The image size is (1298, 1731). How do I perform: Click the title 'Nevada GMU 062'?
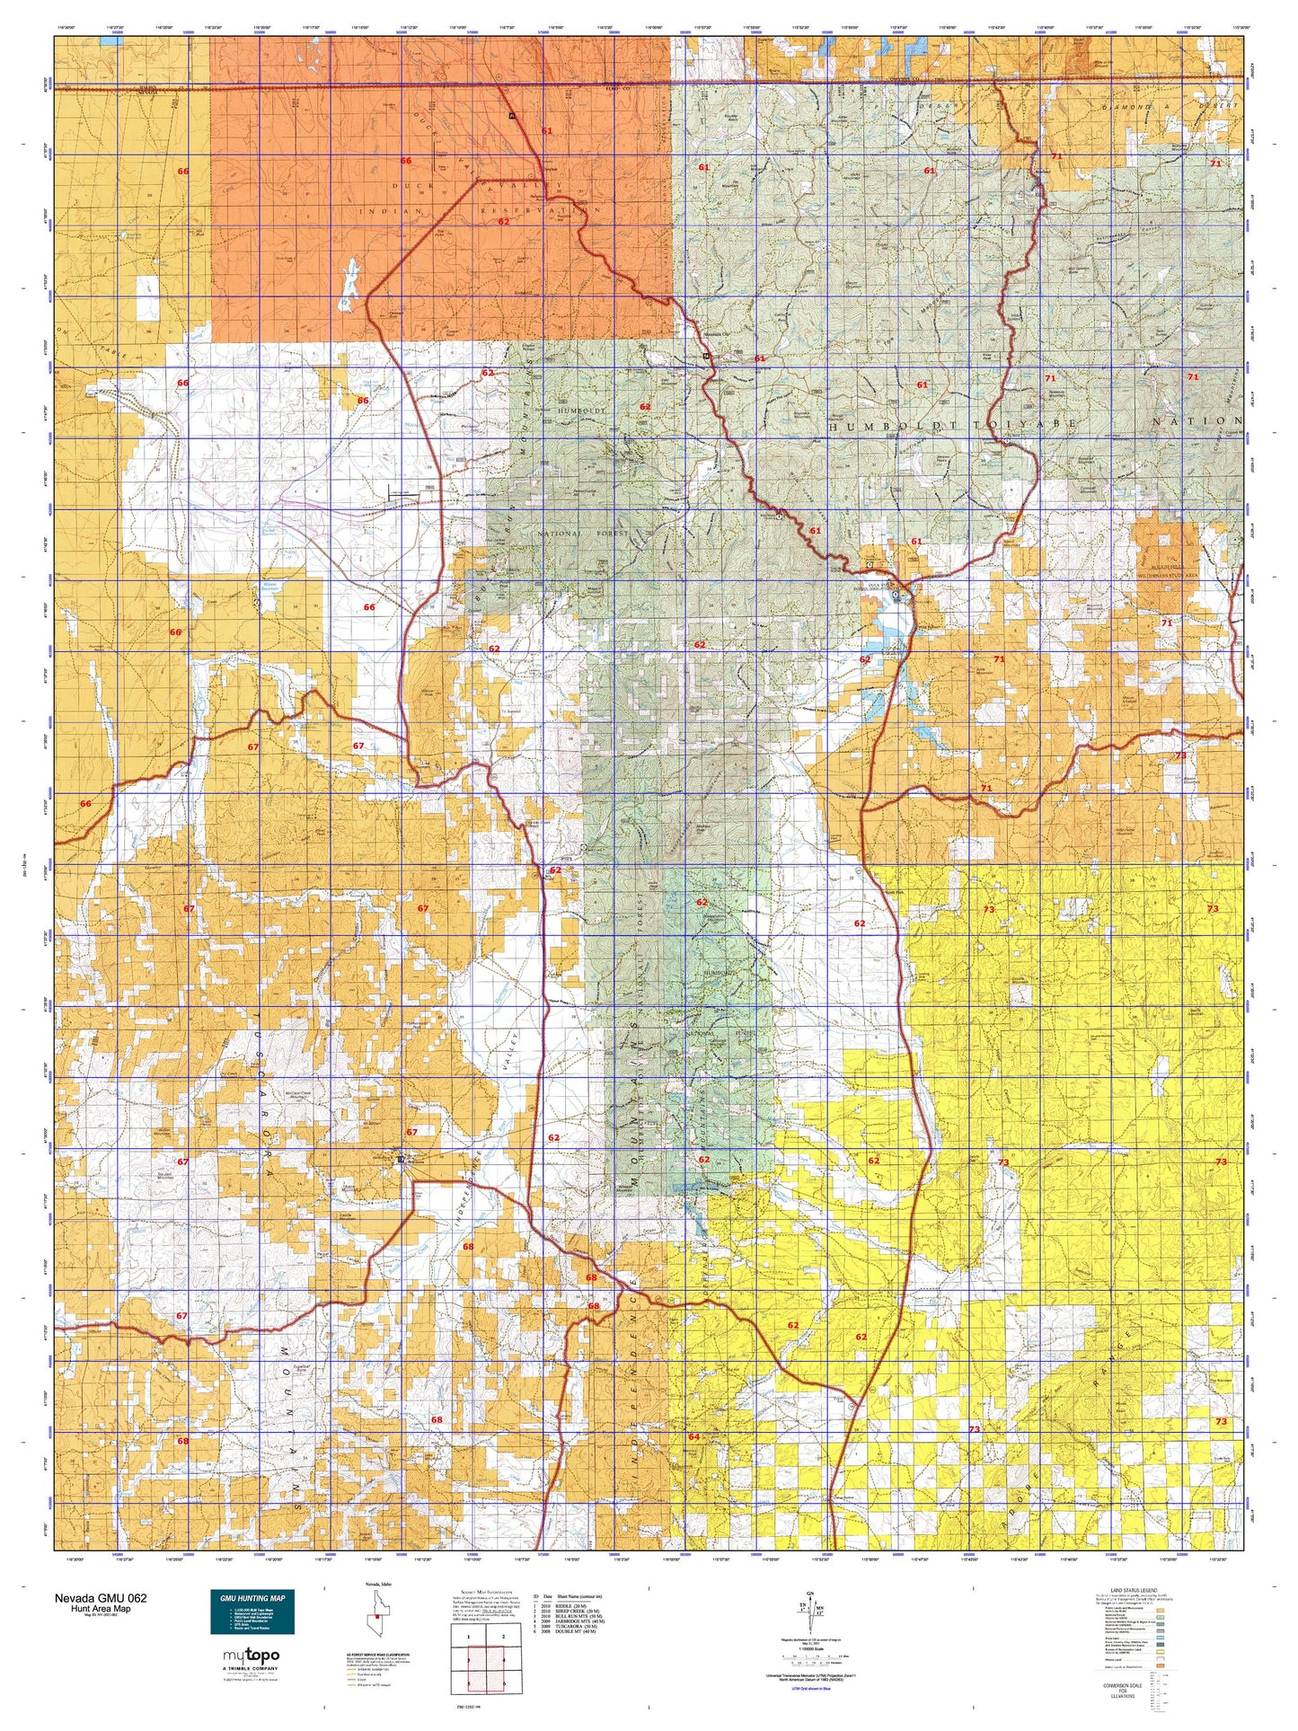tap(100, 1598)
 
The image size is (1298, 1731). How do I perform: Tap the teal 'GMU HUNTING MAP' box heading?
tap(252, 1598)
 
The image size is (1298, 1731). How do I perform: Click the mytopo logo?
tap(251, 1656)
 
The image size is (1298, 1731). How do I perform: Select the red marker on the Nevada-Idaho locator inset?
tap(377, 1616)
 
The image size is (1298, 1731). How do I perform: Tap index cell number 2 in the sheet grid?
tap(503, 1637)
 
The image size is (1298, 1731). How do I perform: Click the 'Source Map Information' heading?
tap(486, 1592)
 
